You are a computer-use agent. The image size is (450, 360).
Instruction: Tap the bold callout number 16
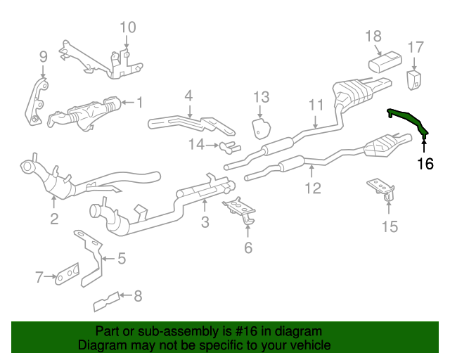425,165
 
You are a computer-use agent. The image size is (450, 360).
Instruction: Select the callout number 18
373,36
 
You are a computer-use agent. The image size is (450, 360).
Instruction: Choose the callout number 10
127,28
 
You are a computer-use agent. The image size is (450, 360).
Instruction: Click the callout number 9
43,57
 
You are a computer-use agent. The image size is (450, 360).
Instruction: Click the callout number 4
188,96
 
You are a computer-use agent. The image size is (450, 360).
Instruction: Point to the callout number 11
316,105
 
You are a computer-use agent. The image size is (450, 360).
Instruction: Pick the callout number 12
312,188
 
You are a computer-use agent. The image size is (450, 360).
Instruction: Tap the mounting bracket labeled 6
240,210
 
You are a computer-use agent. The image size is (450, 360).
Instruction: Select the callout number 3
205,223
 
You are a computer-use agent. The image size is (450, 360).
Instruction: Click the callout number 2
54,219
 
